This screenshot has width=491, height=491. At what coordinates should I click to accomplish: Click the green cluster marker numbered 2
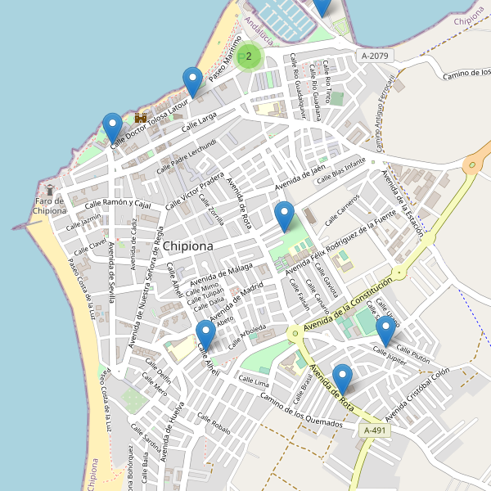[249, 56]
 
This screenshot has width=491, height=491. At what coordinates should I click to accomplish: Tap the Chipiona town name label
[187, 245]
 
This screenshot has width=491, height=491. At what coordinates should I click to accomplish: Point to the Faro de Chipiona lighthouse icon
[49, 191]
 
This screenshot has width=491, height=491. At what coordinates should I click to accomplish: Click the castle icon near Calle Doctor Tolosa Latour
[140, 118]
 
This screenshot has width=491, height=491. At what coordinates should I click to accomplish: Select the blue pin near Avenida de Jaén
[285, 216]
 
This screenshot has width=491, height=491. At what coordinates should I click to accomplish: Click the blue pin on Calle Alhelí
[205, 335]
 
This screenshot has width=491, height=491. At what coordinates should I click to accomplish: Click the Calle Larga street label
[199, 123]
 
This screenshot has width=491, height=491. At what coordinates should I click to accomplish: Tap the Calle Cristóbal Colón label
[417, 394]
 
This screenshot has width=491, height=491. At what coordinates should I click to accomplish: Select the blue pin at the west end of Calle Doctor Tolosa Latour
[113, 128]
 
